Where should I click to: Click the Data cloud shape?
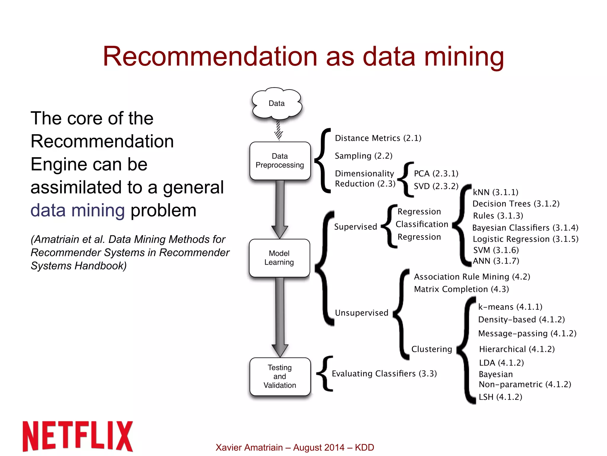coord(277,103)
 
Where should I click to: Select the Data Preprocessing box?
coord(280,161)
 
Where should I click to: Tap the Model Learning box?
coord(279,258)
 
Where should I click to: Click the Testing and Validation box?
coord(280,376)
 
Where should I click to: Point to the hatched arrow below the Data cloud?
coord(278,130)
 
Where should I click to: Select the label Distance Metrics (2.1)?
coord(378,138)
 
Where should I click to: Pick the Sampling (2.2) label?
coord(363,156)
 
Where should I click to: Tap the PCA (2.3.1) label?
coord(436,174)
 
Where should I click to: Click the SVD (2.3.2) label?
coord(436,186)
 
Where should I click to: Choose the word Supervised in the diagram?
coord(355,227)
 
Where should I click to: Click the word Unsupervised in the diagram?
coord(361,313)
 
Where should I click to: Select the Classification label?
coord(421,224)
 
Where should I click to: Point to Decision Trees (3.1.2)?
coord(516,204)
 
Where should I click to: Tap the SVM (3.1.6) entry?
coord(496,250)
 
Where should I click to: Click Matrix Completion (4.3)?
coord(461,289)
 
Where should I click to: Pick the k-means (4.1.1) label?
coord(510,307)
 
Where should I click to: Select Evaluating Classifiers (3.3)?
coord(384,374)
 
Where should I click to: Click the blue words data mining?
coord(78,210)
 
